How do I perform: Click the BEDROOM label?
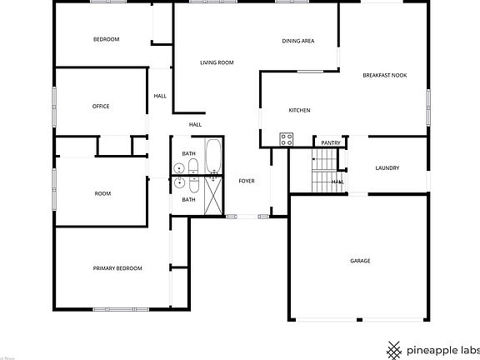(106, 39)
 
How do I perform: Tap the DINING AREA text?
(297, 40)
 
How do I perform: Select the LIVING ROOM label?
(217, 62)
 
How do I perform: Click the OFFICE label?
(101, 106)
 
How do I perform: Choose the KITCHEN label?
(299, 110)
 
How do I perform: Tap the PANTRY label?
(331, 142)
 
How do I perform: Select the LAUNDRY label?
(387, 167)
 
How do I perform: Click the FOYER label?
(247, 181)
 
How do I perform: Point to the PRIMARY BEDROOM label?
(117, 267)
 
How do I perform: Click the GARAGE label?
(360, 261)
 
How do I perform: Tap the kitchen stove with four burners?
(287, 139)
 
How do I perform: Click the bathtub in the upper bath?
(212, 156)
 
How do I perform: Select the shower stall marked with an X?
(213, 194)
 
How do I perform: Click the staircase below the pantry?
(322, 171)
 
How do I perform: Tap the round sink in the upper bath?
(180, 169)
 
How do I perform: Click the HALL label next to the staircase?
(338, 182)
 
